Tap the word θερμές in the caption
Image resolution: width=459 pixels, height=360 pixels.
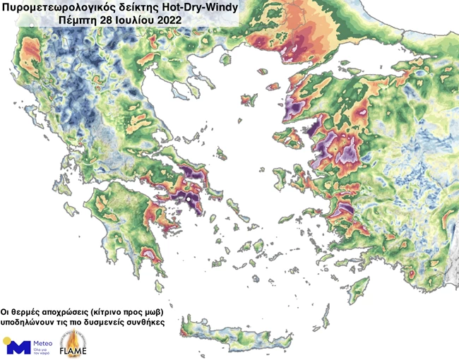(x=28, y=310)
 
